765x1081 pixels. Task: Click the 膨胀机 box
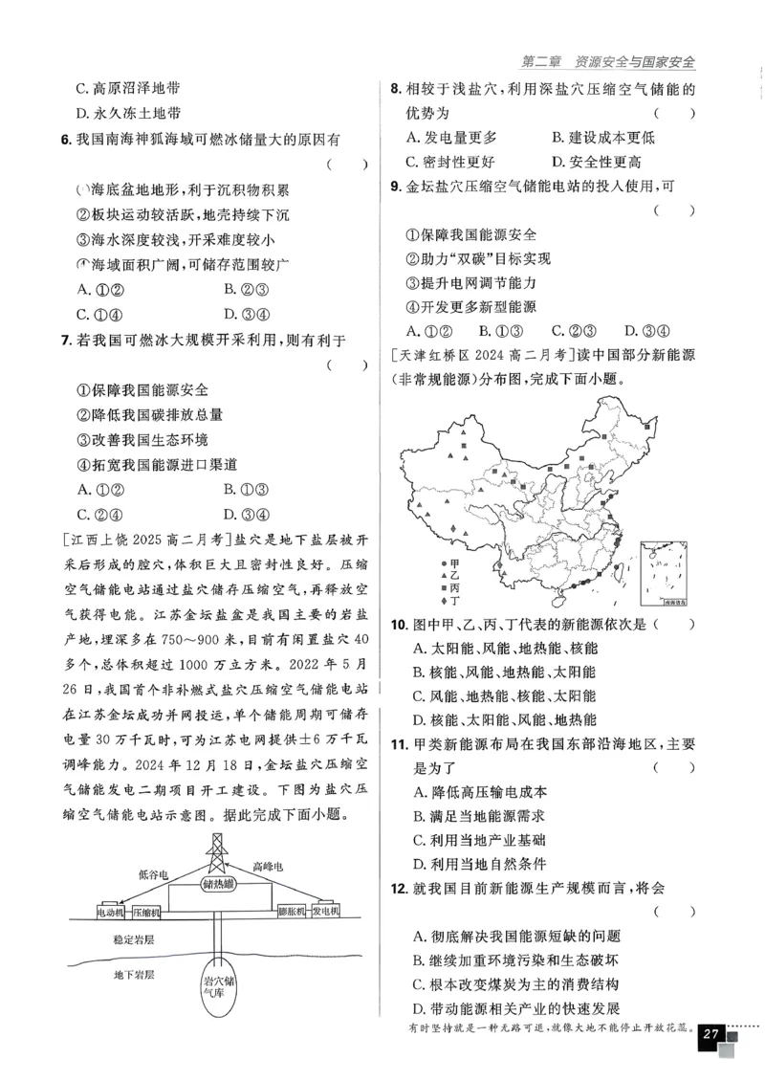290,912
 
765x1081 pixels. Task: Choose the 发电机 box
327,912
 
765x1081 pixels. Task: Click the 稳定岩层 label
133,940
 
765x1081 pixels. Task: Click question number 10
401,625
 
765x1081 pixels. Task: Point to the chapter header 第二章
542,62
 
